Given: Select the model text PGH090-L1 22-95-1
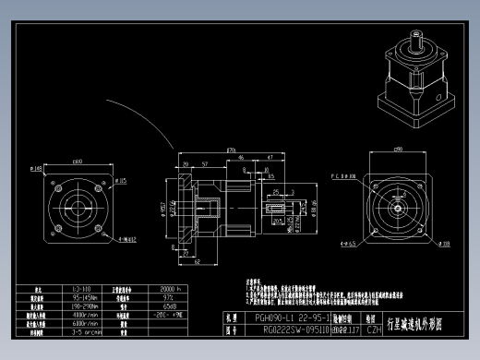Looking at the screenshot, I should click(x=276, y=317).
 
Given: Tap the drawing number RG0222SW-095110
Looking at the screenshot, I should click(x=276, y=328).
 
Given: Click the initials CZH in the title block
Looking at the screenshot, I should click(x=375, y=328).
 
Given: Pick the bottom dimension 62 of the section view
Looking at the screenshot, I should click(x=198, y=261).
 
